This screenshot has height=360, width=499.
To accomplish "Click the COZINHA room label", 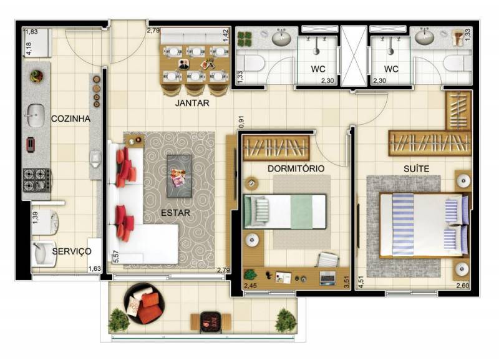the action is (x=70, y=119).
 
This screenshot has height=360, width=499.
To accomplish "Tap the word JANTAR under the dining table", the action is (x=192, y=103).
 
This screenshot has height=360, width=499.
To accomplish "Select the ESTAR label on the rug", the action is (x=175, y=213).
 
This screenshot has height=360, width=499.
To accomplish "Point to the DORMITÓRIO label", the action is (x=296, y=168).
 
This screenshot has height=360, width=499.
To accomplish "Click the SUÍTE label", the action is (x=416, y=168).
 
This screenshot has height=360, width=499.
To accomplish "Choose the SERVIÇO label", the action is (x=72, y=251).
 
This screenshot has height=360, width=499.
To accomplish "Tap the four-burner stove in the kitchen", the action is (x=36, y=180).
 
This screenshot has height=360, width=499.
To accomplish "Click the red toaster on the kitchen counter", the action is (x=30, y=145).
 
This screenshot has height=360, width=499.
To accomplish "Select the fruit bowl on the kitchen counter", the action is (x=36, y=76).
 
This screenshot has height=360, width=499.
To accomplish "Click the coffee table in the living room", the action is (x=179, y=176).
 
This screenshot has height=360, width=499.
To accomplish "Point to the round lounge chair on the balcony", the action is (x=144, y=304).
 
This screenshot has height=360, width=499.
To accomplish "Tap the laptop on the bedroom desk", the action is (x=327, y=278).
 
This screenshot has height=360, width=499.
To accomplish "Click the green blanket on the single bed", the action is (x=301, y=212).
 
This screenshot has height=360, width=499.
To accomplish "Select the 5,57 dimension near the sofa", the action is (x=116, y=256).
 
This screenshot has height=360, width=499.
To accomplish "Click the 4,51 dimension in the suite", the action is (x=361, y=282).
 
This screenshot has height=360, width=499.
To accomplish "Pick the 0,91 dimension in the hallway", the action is (x=241, y=122).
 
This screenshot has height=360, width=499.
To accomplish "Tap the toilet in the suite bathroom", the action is (x=457, y=64).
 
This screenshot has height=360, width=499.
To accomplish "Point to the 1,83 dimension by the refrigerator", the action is (x=31, y=32).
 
